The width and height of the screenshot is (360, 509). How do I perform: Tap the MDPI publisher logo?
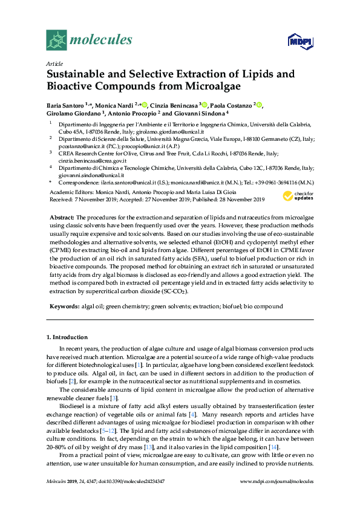(x=298, y=41)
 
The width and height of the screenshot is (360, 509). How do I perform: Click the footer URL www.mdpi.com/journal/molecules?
(x=277, y=498)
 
